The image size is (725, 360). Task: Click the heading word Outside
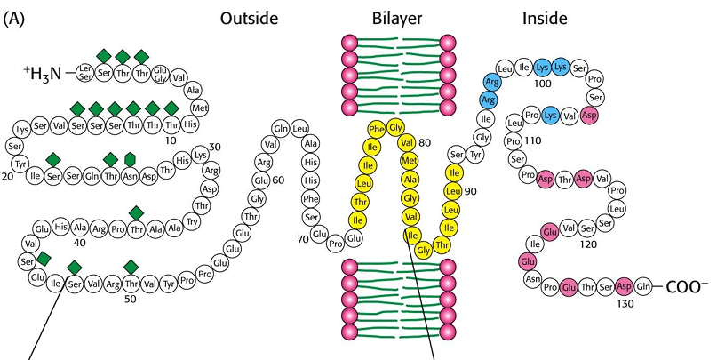tap(250, 18)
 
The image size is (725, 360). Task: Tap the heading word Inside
tap(545, 18)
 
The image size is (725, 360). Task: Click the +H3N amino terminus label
tap(43, 73)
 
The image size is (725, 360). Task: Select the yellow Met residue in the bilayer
tap(410, 160)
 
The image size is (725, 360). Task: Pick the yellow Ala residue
tap(410, 179)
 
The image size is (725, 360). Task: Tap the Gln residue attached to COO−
tap(644, 287)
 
